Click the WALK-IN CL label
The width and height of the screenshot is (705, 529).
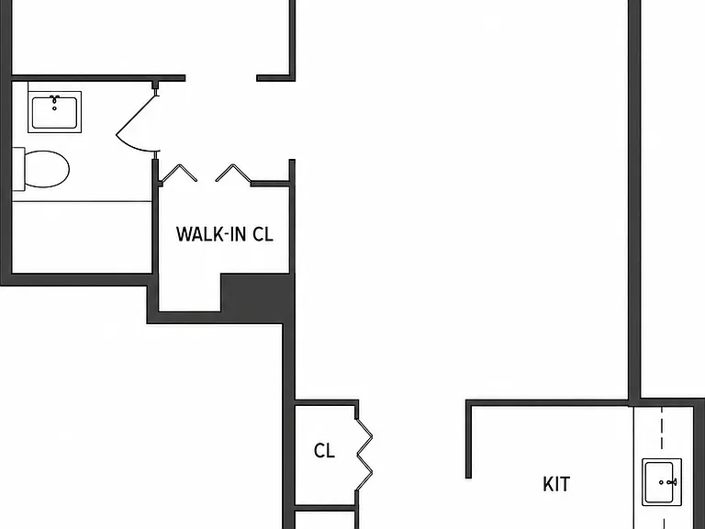pos(224,234)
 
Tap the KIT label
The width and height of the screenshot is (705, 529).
pos(556,484)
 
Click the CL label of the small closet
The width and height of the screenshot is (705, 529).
pos(324,450)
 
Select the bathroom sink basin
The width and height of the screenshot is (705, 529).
pos(54,112)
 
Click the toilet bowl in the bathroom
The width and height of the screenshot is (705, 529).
pos(46,169)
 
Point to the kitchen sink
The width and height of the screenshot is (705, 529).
pos(662,482)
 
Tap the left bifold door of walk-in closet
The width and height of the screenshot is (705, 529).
pos(178,174)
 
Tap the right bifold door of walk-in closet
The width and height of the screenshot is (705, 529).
pos(233,174)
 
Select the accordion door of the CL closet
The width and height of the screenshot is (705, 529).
pos(364,455)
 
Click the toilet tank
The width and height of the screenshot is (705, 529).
pos(18,169)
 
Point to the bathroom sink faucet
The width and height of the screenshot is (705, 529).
pos(54,98)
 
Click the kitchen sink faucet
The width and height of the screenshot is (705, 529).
pos(672,482)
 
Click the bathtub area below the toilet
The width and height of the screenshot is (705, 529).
pos(82,237)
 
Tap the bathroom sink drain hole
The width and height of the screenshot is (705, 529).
pos(54,108)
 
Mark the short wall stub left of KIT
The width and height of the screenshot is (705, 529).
pos(468,439)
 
